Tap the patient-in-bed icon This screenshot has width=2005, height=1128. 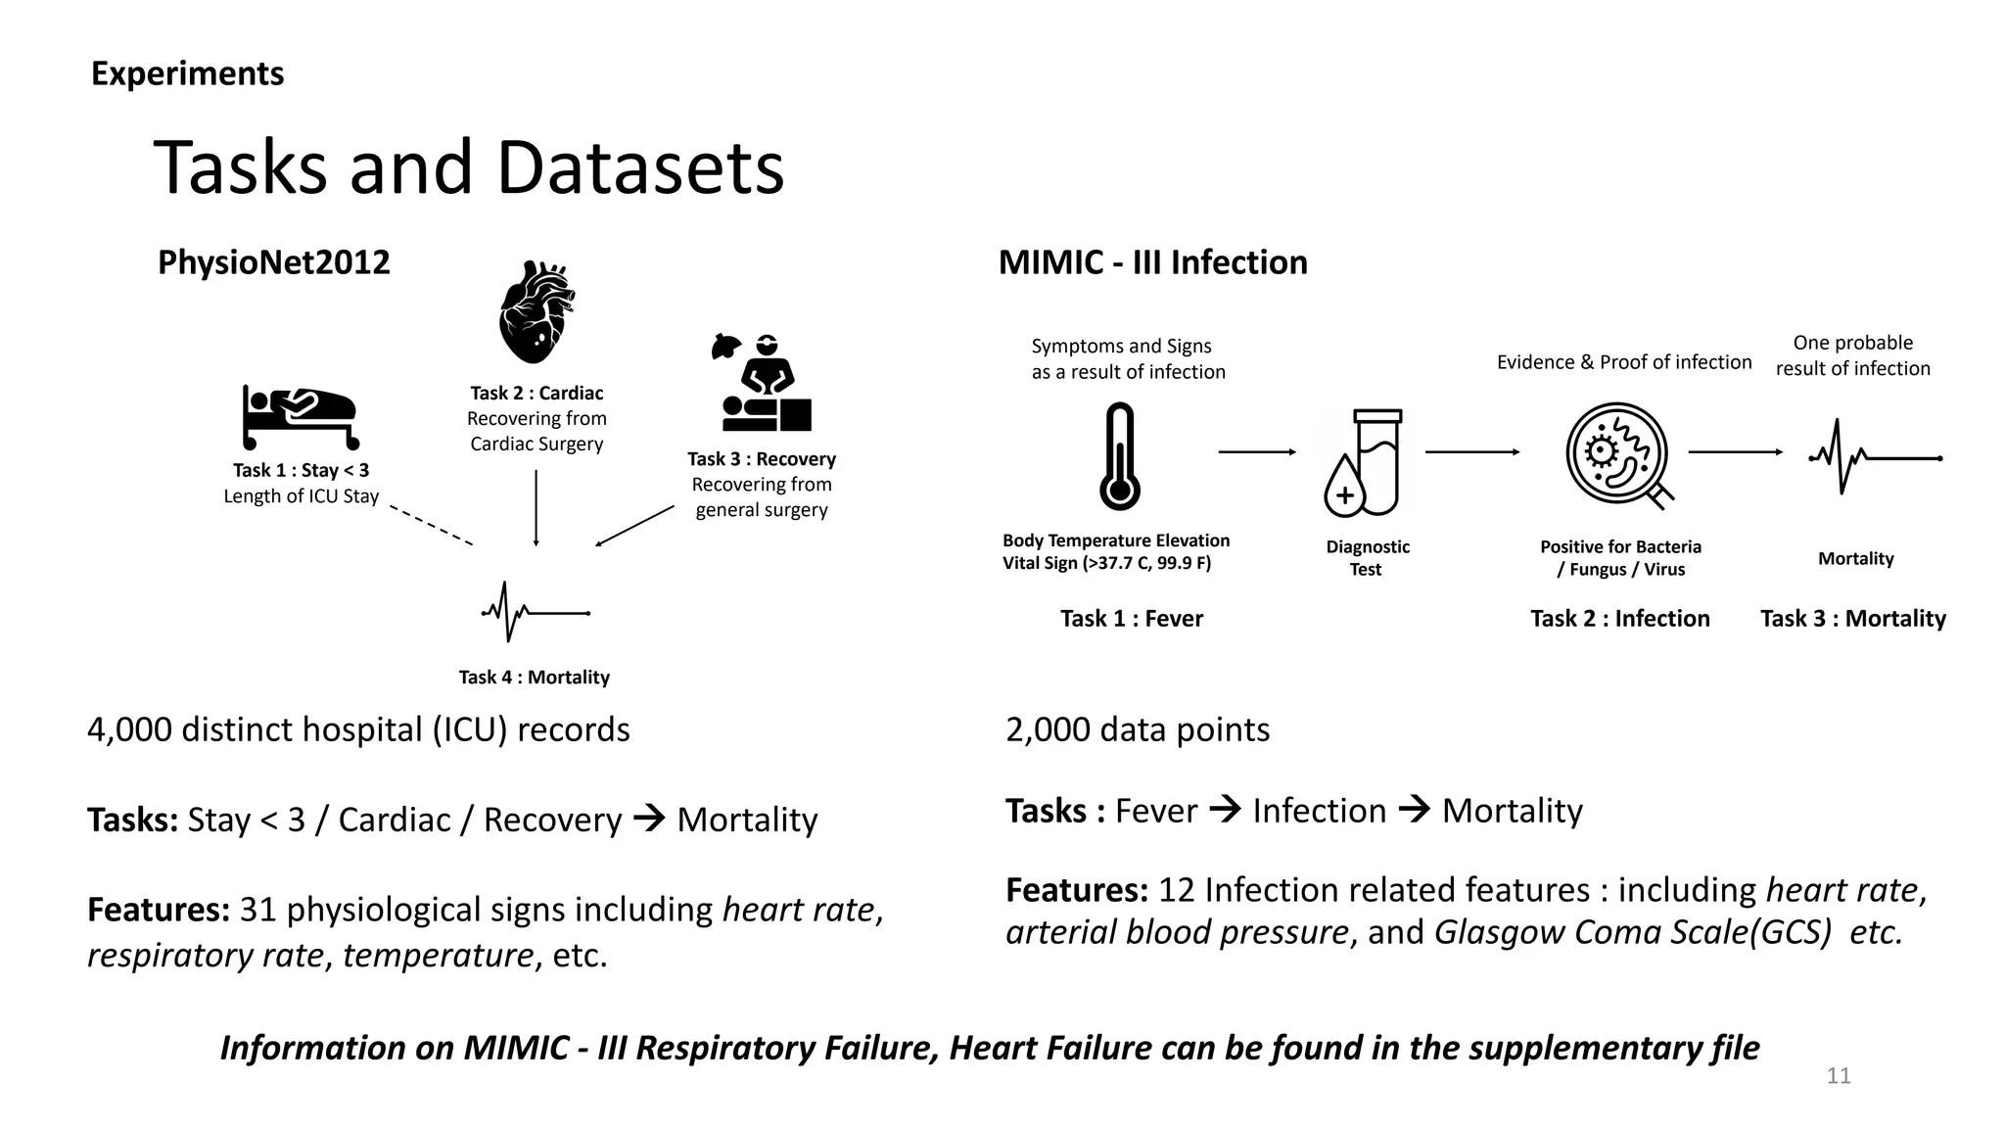click(x=300, y=417)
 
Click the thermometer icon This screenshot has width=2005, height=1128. click(x=1119, y=456)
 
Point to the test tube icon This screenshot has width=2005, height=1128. click(x=1365, y=463)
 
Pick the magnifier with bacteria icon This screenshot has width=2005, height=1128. click(x=1618, y=454)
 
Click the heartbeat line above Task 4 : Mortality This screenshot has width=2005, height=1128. click(x=535, y=613)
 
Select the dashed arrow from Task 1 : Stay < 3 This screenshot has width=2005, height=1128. click(x=431, y=525)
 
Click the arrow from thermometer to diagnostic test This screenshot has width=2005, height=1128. click(x=1257, y=452)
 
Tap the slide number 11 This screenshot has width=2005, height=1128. click(x=1839, y=1076)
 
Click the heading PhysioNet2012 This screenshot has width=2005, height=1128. click(x=273, y=262)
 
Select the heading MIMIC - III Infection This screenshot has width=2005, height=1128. click(x=1152, y=262)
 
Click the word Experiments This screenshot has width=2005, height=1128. click(x=187, y=73)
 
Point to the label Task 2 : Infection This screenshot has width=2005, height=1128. click(x=1619, y=619)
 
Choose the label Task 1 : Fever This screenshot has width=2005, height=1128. click(x=1131, y=619)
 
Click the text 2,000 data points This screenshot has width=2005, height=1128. click(x=1137, y=729)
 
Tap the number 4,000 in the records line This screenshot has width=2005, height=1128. click(x=129, y=729)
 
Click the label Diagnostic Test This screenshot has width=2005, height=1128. click(x=1367, y=558)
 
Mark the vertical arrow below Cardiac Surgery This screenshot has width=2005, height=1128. click(x=536, y=507)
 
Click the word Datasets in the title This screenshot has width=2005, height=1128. click(x=640, y=167)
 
